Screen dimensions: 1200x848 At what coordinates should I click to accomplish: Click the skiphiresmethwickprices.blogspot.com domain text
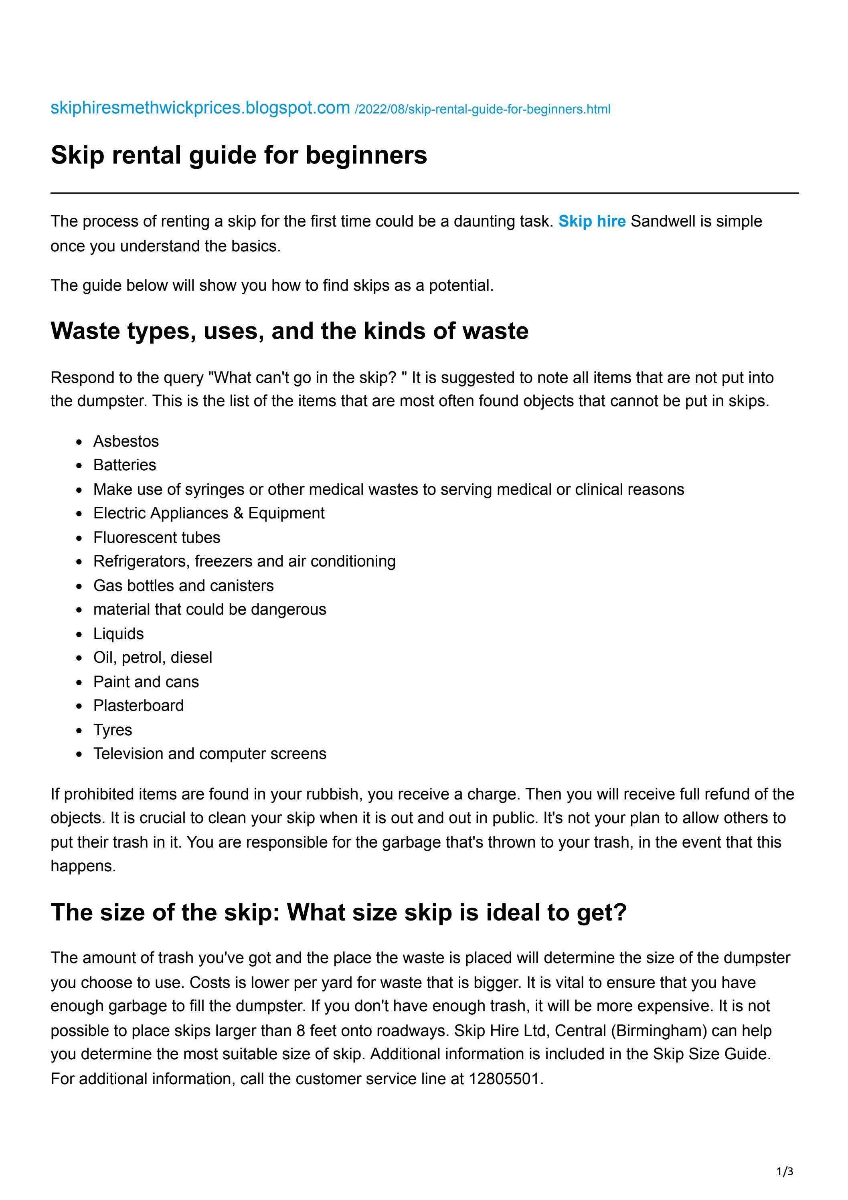click(x=200, y=108)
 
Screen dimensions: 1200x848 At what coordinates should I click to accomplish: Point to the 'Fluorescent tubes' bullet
click(x=156, y=537)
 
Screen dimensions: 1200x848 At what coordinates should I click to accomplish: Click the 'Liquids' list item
click(x=118, y=633)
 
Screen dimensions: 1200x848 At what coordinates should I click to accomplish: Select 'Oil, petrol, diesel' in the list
click(x=153, y=658)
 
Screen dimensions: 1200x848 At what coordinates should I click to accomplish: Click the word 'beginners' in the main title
click(x=366, y=155)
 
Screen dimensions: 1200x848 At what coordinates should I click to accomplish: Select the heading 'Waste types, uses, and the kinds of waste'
click(x=289, y=331)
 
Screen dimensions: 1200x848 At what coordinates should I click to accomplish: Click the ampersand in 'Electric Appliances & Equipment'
click(x=239, y=513)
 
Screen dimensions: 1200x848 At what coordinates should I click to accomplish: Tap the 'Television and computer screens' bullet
click(x=210, y=754)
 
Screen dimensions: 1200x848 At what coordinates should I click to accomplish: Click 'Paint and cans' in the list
click(x=146, y=682)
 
